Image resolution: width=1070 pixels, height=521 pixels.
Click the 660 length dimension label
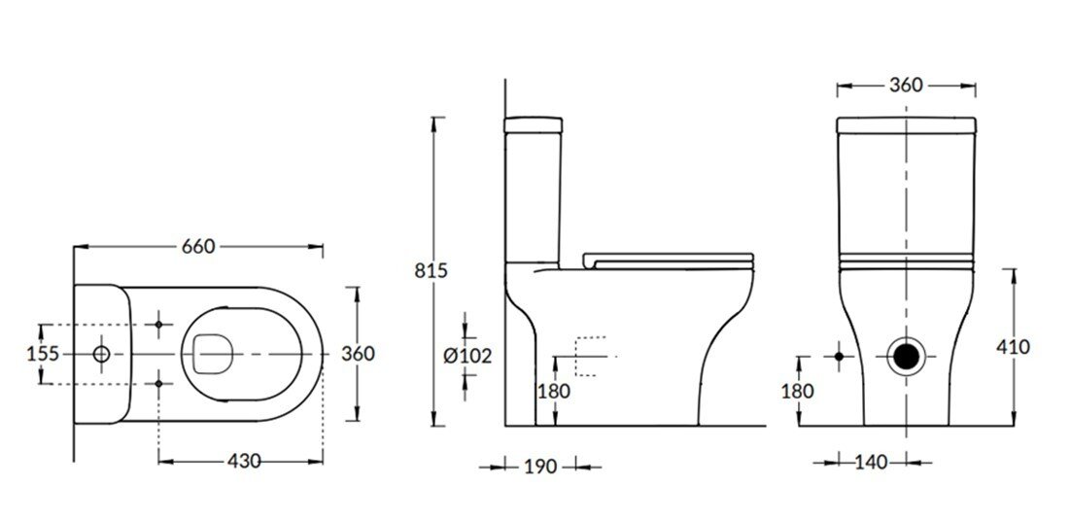pyautogui.click(x=198, y=247)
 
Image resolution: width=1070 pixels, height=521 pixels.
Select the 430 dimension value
pyautogui.click(x=244, y=462)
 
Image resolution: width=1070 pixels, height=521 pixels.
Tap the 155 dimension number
pyautogui.click(x=43, y=354)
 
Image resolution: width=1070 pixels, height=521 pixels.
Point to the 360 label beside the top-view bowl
pyautogui.click(x=359, y=354)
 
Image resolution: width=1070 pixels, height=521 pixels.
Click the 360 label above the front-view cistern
pyautogui.click(x=906, y=86)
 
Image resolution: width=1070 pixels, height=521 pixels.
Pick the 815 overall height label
pyautogui.click(x=431, y=271)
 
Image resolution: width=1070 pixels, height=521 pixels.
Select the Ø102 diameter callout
pyautogui.click(x=467, y=357)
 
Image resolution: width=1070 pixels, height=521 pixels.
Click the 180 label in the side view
pyautogui.click(x=553, y=392)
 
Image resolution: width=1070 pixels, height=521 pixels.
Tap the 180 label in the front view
pyautogui.click(x=798, y=392)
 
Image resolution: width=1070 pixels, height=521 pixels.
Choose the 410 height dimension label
pyautogui.click(x=1013, y=348)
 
